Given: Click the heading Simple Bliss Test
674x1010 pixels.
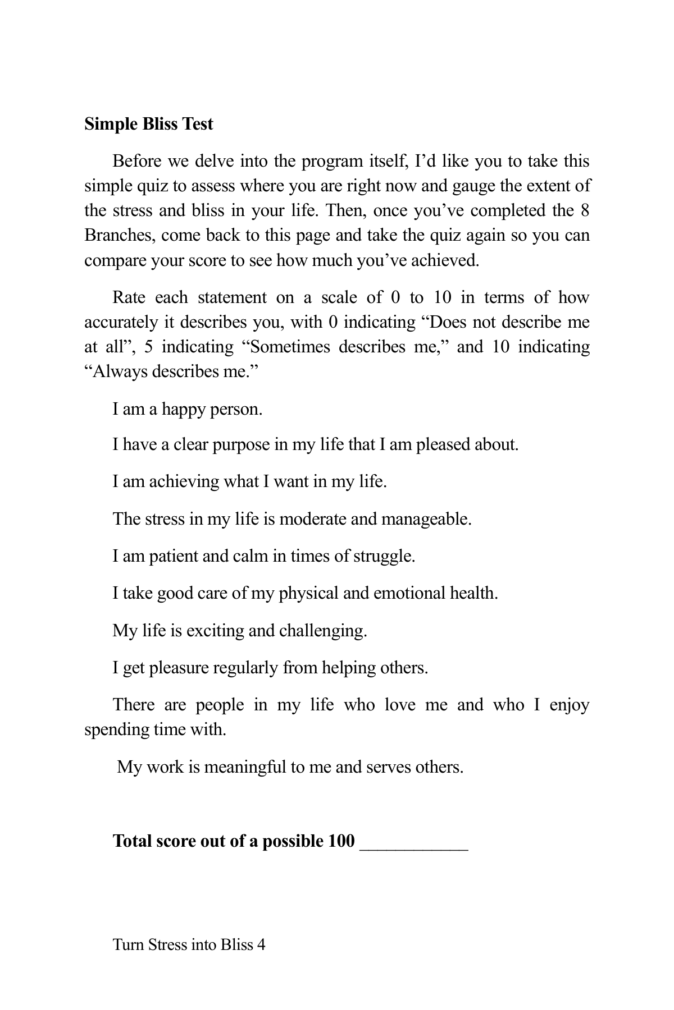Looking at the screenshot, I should (x=149, y=123).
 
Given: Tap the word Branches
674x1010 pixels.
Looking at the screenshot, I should (x=119, y=235).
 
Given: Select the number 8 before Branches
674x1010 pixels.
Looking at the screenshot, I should (x=584, y=210).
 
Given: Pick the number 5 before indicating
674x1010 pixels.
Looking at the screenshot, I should (x=148, y=347).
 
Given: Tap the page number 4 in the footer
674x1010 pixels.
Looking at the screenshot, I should (x=261, y=945).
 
